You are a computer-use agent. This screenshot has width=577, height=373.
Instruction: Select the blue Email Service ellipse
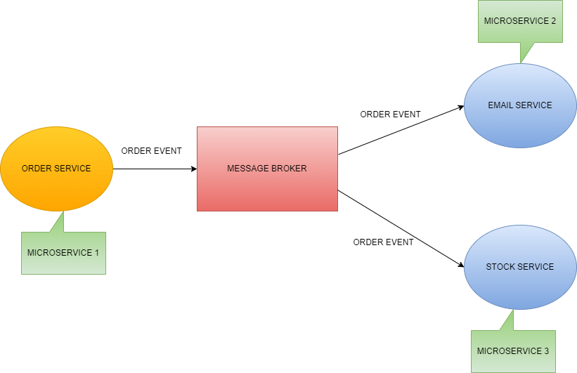coord(520,123)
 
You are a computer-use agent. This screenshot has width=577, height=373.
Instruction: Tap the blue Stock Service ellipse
coord(520,284)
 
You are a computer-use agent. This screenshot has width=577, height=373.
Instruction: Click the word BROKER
coord(290,169)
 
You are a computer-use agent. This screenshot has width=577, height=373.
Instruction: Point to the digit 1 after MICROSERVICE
coord(96,253)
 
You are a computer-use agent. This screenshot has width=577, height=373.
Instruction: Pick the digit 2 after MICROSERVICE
coord(553,21)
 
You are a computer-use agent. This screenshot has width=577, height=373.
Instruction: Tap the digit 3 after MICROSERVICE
coord(546,351)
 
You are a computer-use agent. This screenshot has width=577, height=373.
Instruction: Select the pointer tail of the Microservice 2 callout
coord(525,52)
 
